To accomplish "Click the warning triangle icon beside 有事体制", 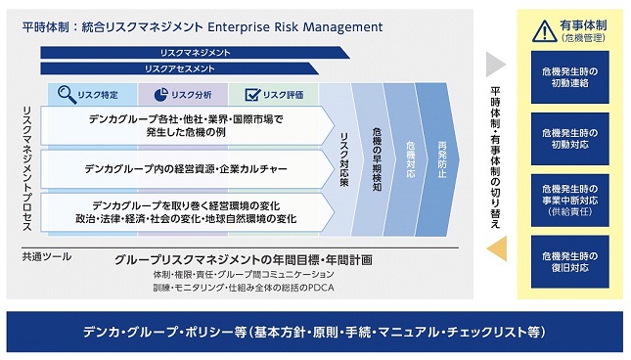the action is pos(545,31).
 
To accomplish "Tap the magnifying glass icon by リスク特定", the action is pos(67,95).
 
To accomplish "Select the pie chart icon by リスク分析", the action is pos(161,95).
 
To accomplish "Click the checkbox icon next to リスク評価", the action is pos(252,95).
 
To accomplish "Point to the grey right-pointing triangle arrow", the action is pos(496,65).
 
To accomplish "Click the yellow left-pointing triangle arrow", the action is pos(497,248).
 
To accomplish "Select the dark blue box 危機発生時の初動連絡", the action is pos(569,77).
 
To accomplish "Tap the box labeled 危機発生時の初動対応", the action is pos(569,139).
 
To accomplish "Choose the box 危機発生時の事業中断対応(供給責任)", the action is pos(569,201).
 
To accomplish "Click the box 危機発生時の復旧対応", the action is pos(569,262).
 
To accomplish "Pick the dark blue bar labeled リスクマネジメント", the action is pos(195,53).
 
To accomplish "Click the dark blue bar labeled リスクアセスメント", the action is pos(179,68).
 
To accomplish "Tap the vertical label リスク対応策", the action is pos(344,159).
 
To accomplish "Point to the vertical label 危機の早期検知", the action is pos(377,159).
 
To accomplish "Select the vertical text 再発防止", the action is pos(442,159).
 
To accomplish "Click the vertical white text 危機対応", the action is pos(410,159).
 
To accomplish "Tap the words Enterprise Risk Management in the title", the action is pos(295,27).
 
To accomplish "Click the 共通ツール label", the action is pos(47,256).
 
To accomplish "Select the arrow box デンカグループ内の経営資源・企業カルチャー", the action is pos(188,169).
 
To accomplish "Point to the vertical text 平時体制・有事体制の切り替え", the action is pos(495,157).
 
